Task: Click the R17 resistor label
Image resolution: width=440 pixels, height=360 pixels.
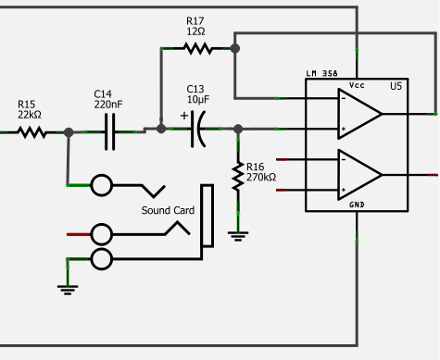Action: coord(195,20)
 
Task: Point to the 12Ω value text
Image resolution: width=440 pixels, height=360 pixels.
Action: coord(195,31)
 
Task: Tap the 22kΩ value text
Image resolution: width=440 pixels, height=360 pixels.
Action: coord(30,115)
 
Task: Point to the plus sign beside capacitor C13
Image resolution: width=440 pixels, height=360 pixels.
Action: coord(184,116)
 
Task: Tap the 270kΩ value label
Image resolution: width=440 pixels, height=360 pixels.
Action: coord(261,176)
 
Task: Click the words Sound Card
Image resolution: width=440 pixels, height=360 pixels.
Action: coord(167,210)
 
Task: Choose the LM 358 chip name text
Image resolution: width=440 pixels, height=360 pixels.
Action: coord(322,74)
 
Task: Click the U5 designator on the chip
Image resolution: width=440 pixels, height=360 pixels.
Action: coord(396,85)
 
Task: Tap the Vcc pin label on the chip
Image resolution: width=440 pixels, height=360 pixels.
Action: coord(357,85)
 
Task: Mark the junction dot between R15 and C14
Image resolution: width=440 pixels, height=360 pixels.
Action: coord(69,132)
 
